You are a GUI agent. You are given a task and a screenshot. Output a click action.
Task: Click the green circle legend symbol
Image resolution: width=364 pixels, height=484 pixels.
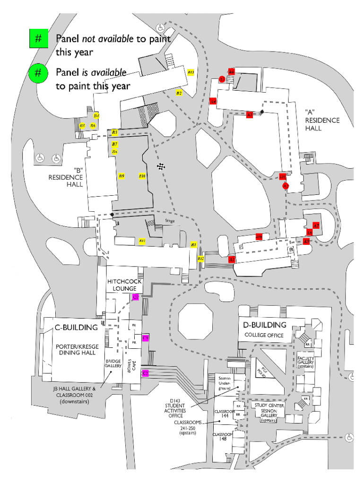point(38,73)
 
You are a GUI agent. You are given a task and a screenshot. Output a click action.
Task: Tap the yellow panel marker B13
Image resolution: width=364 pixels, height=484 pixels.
point(191,72)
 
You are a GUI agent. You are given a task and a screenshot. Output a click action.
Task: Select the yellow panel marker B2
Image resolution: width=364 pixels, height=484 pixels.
point(179,93)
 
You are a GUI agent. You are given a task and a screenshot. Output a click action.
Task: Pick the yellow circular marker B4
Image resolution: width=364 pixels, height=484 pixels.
point(96,115)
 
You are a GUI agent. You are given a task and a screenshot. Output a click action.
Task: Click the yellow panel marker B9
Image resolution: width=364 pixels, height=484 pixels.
point(121,176)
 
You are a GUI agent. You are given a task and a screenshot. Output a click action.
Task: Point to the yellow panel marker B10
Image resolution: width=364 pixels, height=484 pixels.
point(142,176)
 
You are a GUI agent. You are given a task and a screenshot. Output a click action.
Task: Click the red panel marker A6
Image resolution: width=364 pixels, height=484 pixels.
point(231,72)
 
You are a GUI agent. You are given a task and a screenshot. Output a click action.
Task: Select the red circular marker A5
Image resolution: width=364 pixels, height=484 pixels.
point(222,79)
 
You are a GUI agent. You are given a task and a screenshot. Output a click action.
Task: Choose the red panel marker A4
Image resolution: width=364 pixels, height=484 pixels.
point(213,101)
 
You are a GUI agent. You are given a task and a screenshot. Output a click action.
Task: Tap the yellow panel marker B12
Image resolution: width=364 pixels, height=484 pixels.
point(201,259)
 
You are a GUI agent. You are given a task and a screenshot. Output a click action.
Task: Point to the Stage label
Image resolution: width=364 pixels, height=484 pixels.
point(170,221)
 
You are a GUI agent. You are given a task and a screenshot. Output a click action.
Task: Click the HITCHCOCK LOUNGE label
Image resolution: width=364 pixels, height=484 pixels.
point(124,285)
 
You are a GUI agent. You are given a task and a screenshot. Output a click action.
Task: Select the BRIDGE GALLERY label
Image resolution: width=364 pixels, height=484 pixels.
point(113,363)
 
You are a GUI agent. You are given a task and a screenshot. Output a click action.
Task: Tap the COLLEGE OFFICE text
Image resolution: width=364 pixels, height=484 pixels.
point(264,335)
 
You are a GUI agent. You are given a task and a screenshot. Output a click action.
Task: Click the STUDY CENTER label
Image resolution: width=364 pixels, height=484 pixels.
point(269,406)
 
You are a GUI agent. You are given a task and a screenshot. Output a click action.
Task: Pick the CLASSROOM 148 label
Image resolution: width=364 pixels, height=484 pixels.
point(222,436)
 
